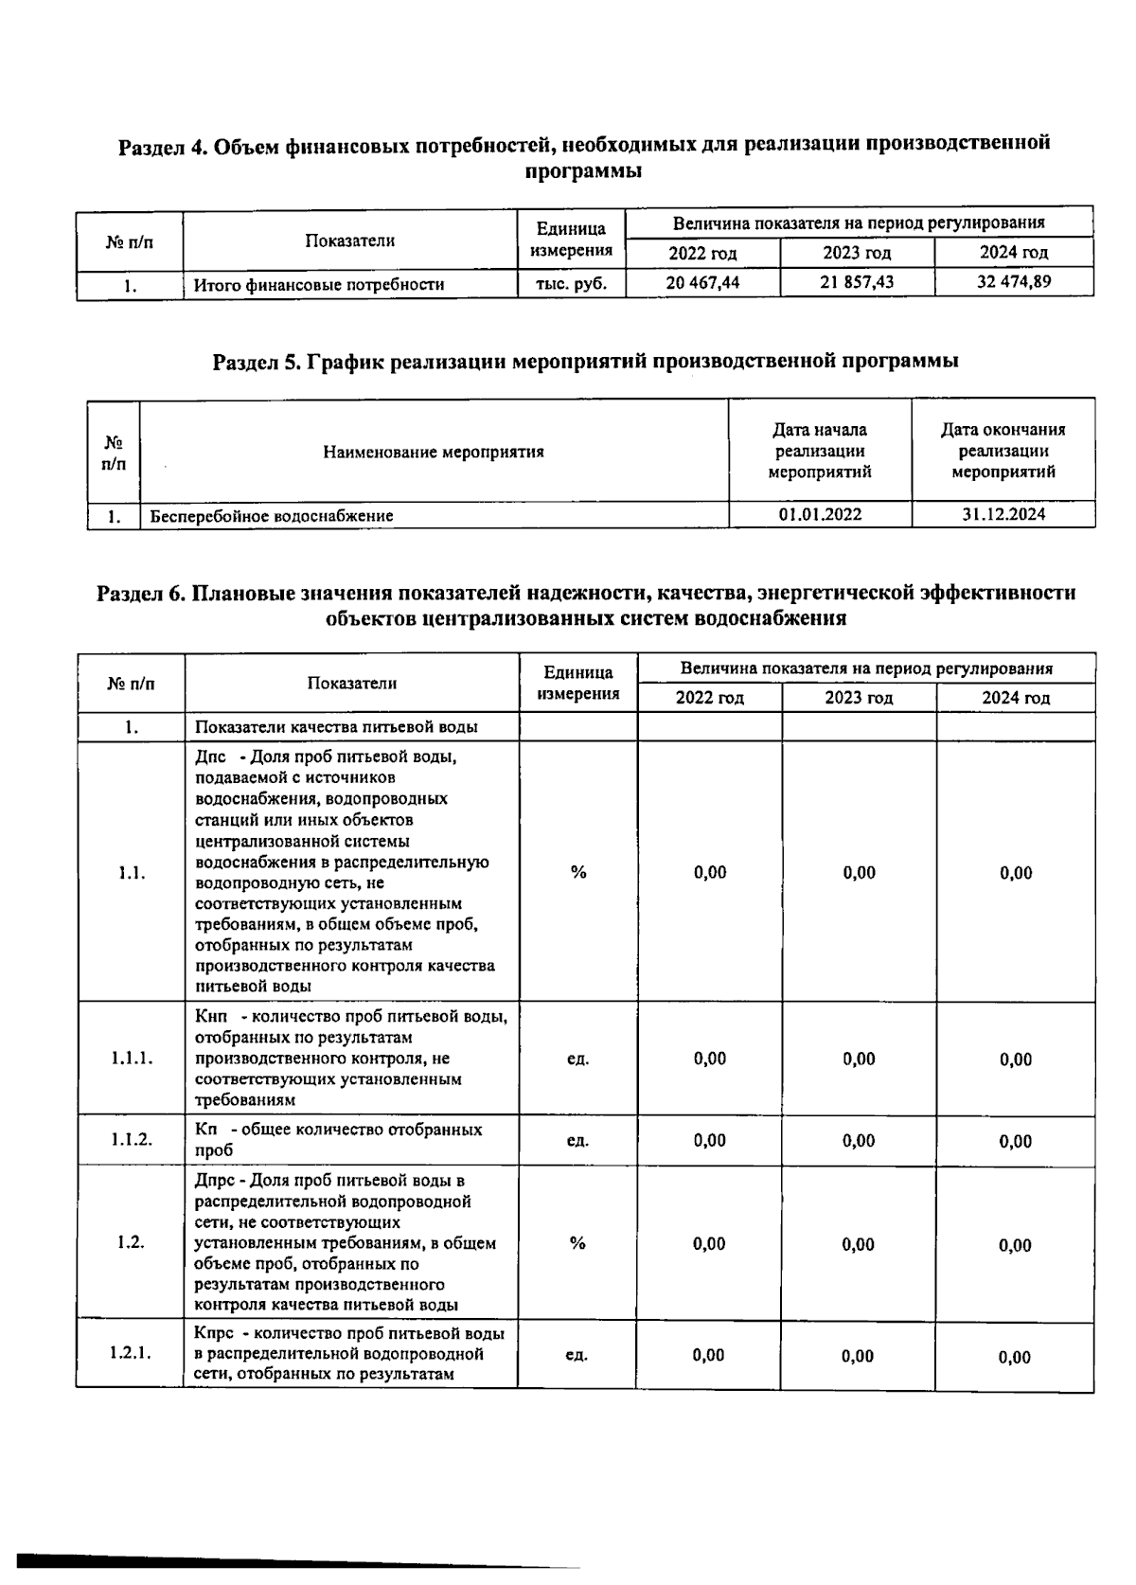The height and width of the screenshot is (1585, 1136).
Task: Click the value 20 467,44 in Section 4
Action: point(702,282)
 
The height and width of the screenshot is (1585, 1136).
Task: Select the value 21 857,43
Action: point(857,282)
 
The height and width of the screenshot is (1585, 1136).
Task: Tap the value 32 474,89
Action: point(1014,281)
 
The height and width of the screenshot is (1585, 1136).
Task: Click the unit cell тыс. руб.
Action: point(571,283)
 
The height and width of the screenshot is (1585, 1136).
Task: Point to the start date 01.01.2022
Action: point(820,514)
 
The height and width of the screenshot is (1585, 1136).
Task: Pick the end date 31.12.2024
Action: point(1003,514)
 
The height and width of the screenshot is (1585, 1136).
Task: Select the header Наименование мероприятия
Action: point(434,452)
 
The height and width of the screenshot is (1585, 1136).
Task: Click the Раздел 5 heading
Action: point(585,361)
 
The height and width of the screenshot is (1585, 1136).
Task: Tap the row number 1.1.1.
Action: point(131,1058)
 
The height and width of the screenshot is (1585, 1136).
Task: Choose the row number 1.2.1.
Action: point(131,1354)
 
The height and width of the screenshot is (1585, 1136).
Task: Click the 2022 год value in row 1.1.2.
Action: point(710,1140)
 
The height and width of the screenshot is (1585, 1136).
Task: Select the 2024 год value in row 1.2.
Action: point(1016,1245)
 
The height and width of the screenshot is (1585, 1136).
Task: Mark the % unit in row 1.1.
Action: point(578,872)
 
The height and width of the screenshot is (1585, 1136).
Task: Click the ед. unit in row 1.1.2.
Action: point(578,1140)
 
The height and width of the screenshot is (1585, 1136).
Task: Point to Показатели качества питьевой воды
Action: point(336,727)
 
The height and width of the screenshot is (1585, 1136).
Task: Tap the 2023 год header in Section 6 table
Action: point(859,698)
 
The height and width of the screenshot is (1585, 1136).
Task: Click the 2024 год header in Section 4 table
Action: point(1014,253)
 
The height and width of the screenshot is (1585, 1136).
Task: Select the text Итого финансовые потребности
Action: point(319,284)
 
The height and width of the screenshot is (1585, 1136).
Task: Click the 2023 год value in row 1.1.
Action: point(859,872)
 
